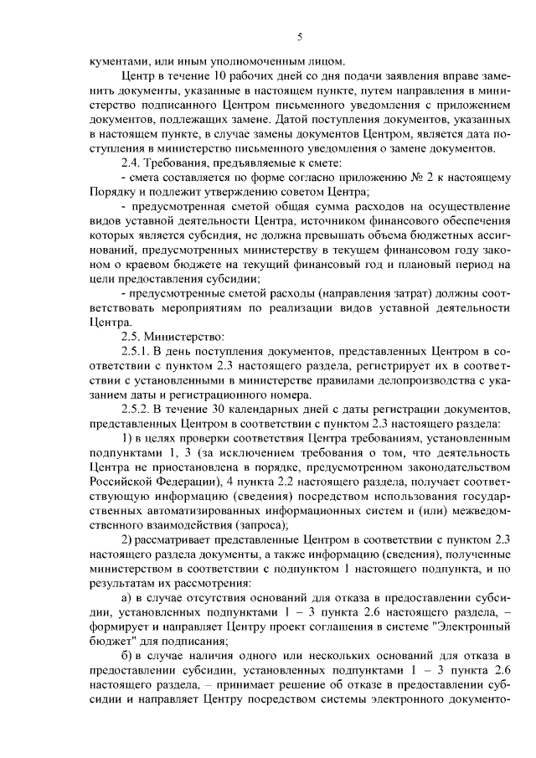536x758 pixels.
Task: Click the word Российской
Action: (126, 487)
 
